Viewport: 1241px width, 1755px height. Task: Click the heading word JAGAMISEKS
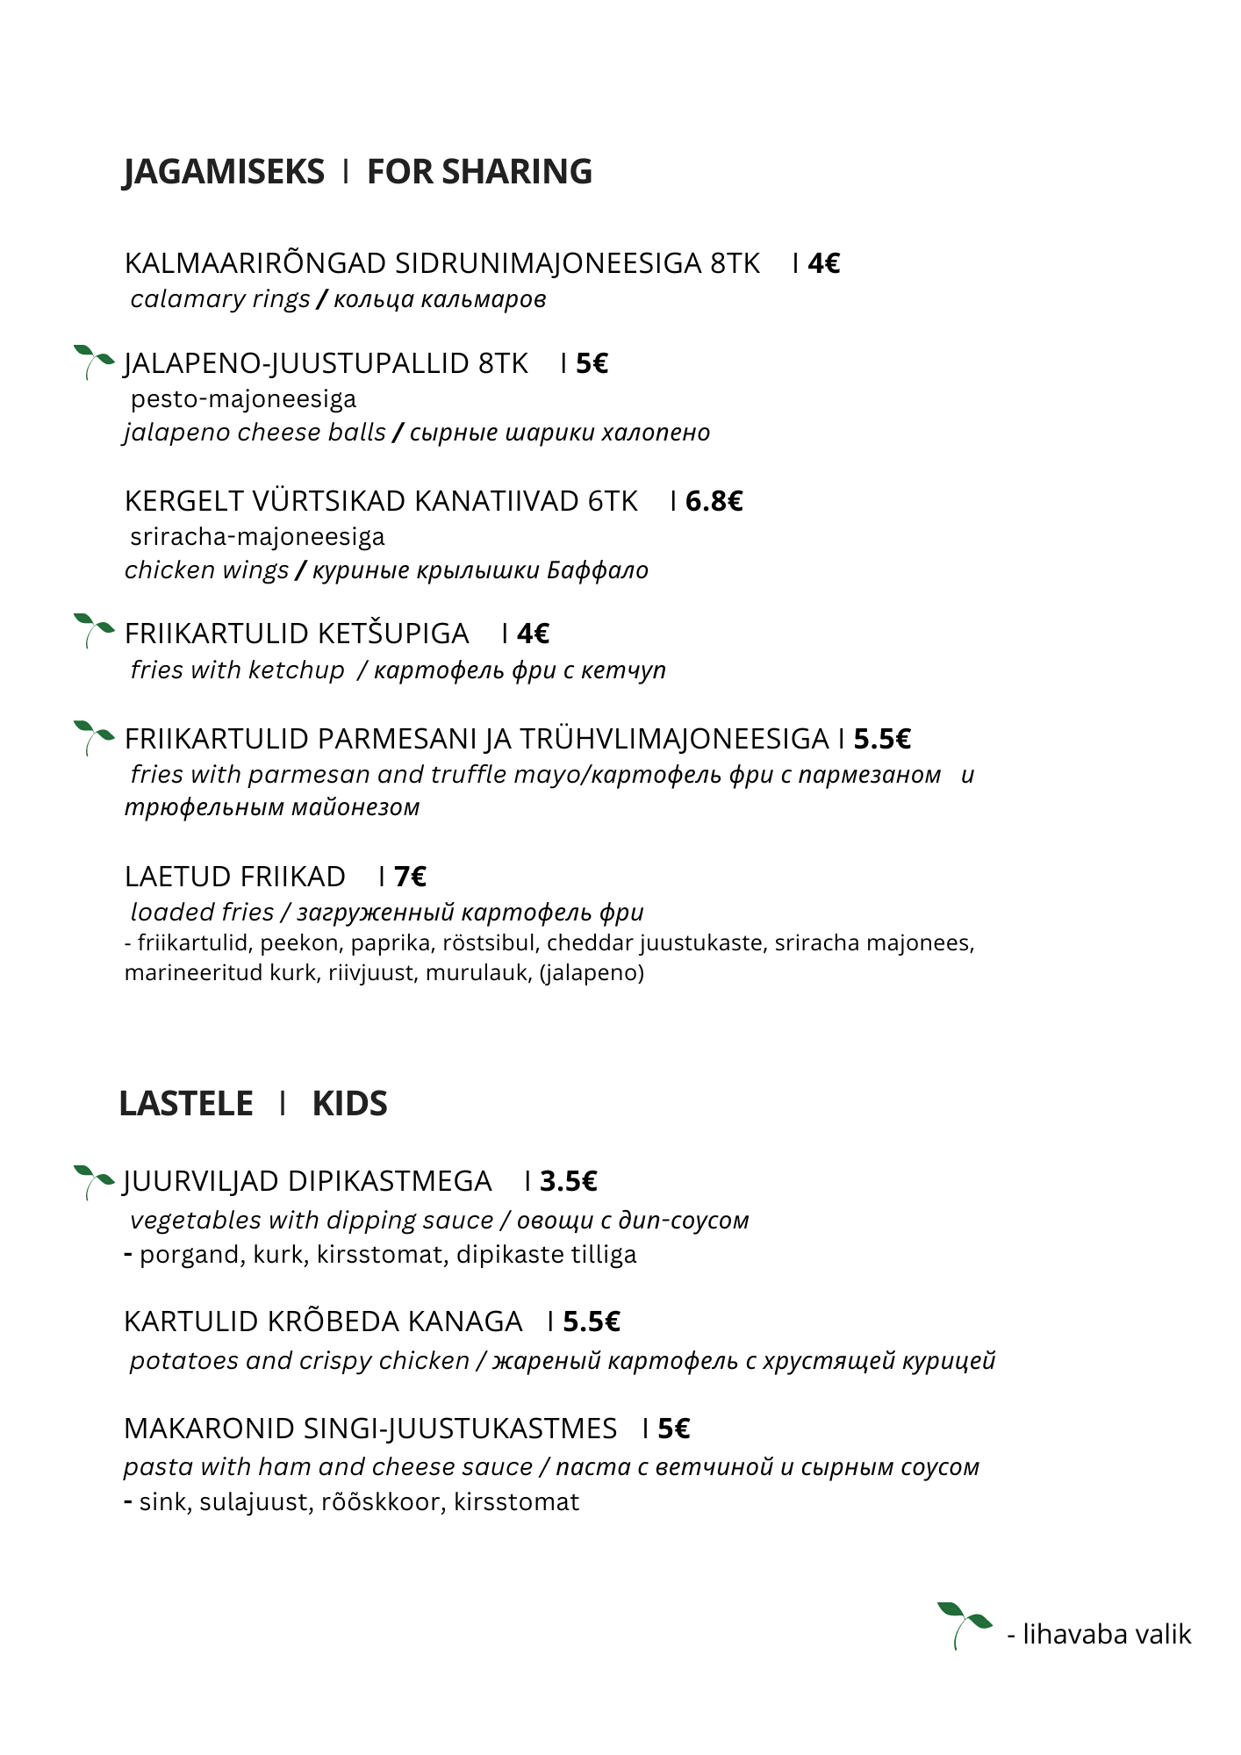click(224, 172)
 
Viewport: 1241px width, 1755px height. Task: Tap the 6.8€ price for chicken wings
click(714, 501)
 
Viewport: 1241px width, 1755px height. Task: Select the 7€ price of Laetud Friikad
click(410, 877)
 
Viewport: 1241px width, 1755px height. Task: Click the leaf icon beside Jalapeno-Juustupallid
click(93, 362)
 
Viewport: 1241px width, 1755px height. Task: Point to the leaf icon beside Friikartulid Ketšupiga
click(93, 630)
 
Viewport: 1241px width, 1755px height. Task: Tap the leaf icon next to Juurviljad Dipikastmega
click(93, 1181)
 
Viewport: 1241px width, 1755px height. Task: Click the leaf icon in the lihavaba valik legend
click(963, 1624)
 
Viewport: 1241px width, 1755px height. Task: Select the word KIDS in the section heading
click(349, 1104)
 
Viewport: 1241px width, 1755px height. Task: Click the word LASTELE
click(186, 1104)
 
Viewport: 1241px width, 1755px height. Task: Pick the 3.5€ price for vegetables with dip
click(568, 1181)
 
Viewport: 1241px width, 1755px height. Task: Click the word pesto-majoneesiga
click(243, 399)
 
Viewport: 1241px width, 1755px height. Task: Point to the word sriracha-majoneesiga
click(257, 536)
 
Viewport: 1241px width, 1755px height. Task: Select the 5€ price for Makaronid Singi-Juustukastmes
click(673, 1429)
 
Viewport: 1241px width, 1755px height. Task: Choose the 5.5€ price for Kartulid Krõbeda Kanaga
click(591, 1322)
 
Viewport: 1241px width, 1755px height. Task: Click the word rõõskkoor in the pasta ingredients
click(380, 1501)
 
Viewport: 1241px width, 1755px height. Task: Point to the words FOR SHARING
click(479, 172)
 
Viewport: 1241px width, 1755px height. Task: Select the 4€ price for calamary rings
click(823, 263)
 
